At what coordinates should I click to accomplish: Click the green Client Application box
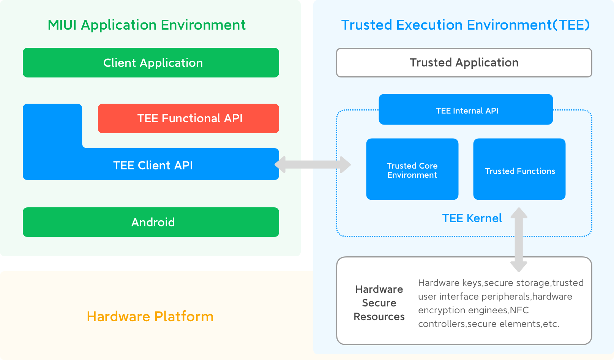(x=151, y=63)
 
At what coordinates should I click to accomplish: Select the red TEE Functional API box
(x=188, y=118)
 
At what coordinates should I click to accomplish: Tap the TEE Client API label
(x=153, y=166)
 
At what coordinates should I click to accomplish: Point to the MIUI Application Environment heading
(x=147, y=25)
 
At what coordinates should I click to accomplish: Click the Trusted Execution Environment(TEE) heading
(x=465, y=25)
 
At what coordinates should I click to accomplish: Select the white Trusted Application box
(x=464, y=63)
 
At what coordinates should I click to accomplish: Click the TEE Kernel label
(x=472, y=218)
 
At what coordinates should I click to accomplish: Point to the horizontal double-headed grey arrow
(x=313, y=165)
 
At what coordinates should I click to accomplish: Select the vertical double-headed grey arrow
(x=519, y=240)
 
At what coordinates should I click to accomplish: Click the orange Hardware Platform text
(x=150, y=317)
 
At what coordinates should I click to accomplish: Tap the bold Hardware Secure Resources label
(x=379, y=303)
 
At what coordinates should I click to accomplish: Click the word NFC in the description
(x=519, y=310)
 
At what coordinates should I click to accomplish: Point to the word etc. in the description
(x=551, y=324)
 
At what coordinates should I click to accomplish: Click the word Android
(x=153, y=222)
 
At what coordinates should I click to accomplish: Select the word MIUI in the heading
(x=62, y=25)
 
